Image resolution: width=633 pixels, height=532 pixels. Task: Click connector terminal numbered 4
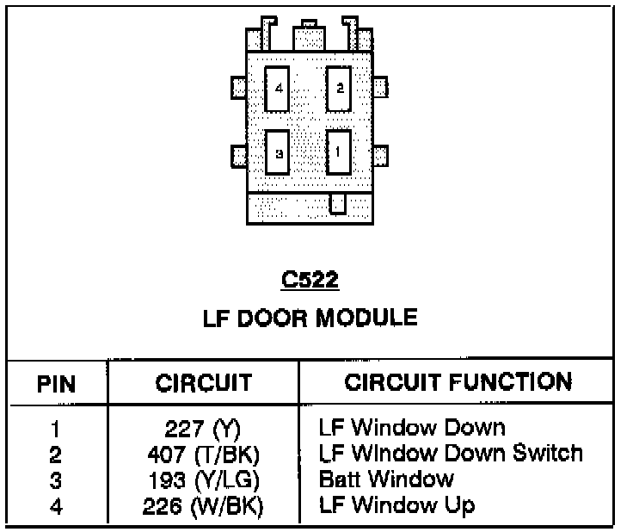[278, 88]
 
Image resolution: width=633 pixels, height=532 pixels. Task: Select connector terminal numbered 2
[339, 88]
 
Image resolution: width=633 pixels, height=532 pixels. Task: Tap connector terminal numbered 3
[278, 153]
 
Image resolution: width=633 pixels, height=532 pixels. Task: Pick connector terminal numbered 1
[339, 153]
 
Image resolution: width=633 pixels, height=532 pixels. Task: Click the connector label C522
[310, 280]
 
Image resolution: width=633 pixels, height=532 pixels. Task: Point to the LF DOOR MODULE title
[310, 318]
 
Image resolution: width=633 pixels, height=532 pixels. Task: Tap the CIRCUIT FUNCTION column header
[458, 382]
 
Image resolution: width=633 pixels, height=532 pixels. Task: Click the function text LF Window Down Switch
[451, 453]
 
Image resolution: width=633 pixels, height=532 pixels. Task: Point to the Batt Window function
[386, 479]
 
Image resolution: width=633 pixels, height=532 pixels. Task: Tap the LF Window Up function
[396, 504]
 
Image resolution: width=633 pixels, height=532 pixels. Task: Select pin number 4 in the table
[56, 506]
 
